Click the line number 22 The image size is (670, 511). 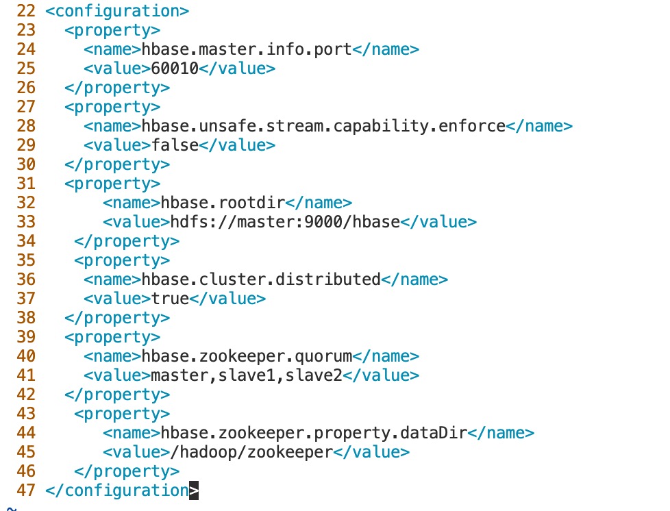pyautogui.click(x=25, y=11)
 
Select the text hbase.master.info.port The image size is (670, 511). pyautogui.click(x=247, y=49)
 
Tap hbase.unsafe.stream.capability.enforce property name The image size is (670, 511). pyautogui.click(x=323, y=126)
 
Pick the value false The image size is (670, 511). pyautogui.click(x=175, y=145)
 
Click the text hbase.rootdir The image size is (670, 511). pyautogui.click(x=223, y=203)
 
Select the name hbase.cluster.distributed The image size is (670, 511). pyautogui.click(x=261, y=279)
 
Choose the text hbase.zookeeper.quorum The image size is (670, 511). pyautogui.click(x=247, y=356)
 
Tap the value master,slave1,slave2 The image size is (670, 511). pyautogui.click(x=247, y=375)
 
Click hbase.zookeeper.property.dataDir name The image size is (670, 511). pyautogui.click(x=314, y=433)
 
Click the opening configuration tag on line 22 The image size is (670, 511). pyautogui.click(x=117, y=11)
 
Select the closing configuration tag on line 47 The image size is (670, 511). pyautogui.click(x=117, y=490)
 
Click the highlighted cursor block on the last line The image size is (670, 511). pyautogui.click(x=194, y=490)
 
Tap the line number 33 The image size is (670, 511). pyautogui.click(x=25, y=222)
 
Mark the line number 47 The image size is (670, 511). pyautogui.click(x=25, y=490)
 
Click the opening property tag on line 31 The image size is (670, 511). pyautogui.click(x=112, y=184)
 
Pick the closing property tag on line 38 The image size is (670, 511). pyautogui.click(x=117, y=318)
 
